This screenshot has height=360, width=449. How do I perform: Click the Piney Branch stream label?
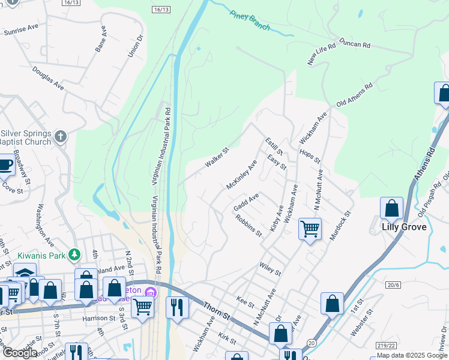pos(250,20)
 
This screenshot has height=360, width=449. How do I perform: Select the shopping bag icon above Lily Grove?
pos(391,208)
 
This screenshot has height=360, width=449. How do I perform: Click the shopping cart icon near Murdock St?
pos(310,228)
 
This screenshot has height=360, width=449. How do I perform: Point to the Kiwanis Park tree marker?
pos(74,254)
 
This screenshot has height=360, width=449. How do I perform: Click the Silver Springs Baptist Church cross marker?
pos(60,137)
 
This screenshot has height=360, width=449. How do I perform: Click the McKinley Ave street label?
pos(242,175)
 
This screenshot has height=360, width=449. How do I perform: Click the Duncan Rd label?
pos(355,44)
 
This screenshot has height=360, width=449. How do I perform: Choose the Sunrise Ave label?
pos(21,30)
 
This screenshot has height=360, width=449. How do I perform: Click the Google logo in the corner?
pos(19,352)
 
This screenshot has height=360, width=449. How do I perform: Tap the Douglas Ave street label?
pos(49,78)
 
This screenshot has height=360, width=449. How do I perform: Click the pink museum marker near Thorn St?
pos(151,292)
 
